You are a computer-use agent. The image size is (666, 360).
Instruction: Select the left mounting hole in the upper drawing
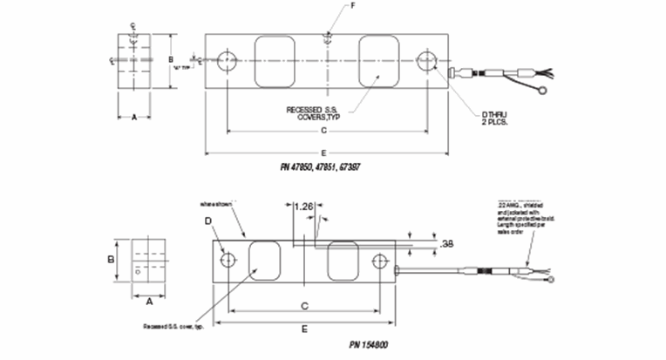(x=228, y=61)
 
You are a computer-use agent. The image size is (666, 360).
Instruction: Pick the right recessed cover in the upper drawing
(x=380, y=61)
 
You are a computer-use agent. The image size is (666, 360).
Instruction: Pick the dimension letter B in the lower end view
(x=111, y=259)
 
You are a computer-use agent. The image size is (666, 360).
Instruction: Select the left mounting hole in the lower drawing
(x=228, y=261)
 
